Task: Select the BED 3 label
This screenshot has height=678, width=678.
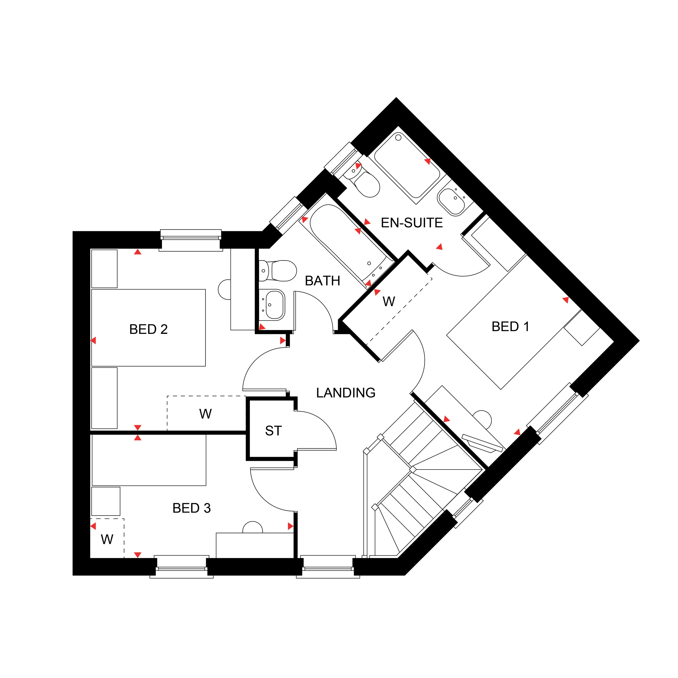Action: click(x=192, y=508)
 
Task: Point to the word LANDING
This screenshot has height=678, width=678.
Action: click(x=346, y=393)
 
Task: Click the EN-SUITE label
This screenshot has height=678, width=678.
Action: click(x=412, y=223)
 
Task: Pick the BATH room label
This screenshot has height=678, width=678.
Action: click(x=323, y=281)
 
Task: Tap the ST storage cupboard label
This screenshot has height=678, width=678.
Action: click(x=273, y=431)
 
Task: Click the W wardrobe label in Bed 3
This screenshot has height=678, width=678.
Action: click(x=107, y=539)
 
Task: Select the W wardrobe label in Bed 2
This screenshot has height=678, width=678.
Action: click(x=205, y=414)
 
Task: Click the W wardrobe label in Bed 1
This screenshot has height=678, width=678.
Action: click(x=389, y=301)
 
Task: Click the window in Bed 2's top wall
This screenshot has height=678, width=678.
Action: click(x=190, y=240)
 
